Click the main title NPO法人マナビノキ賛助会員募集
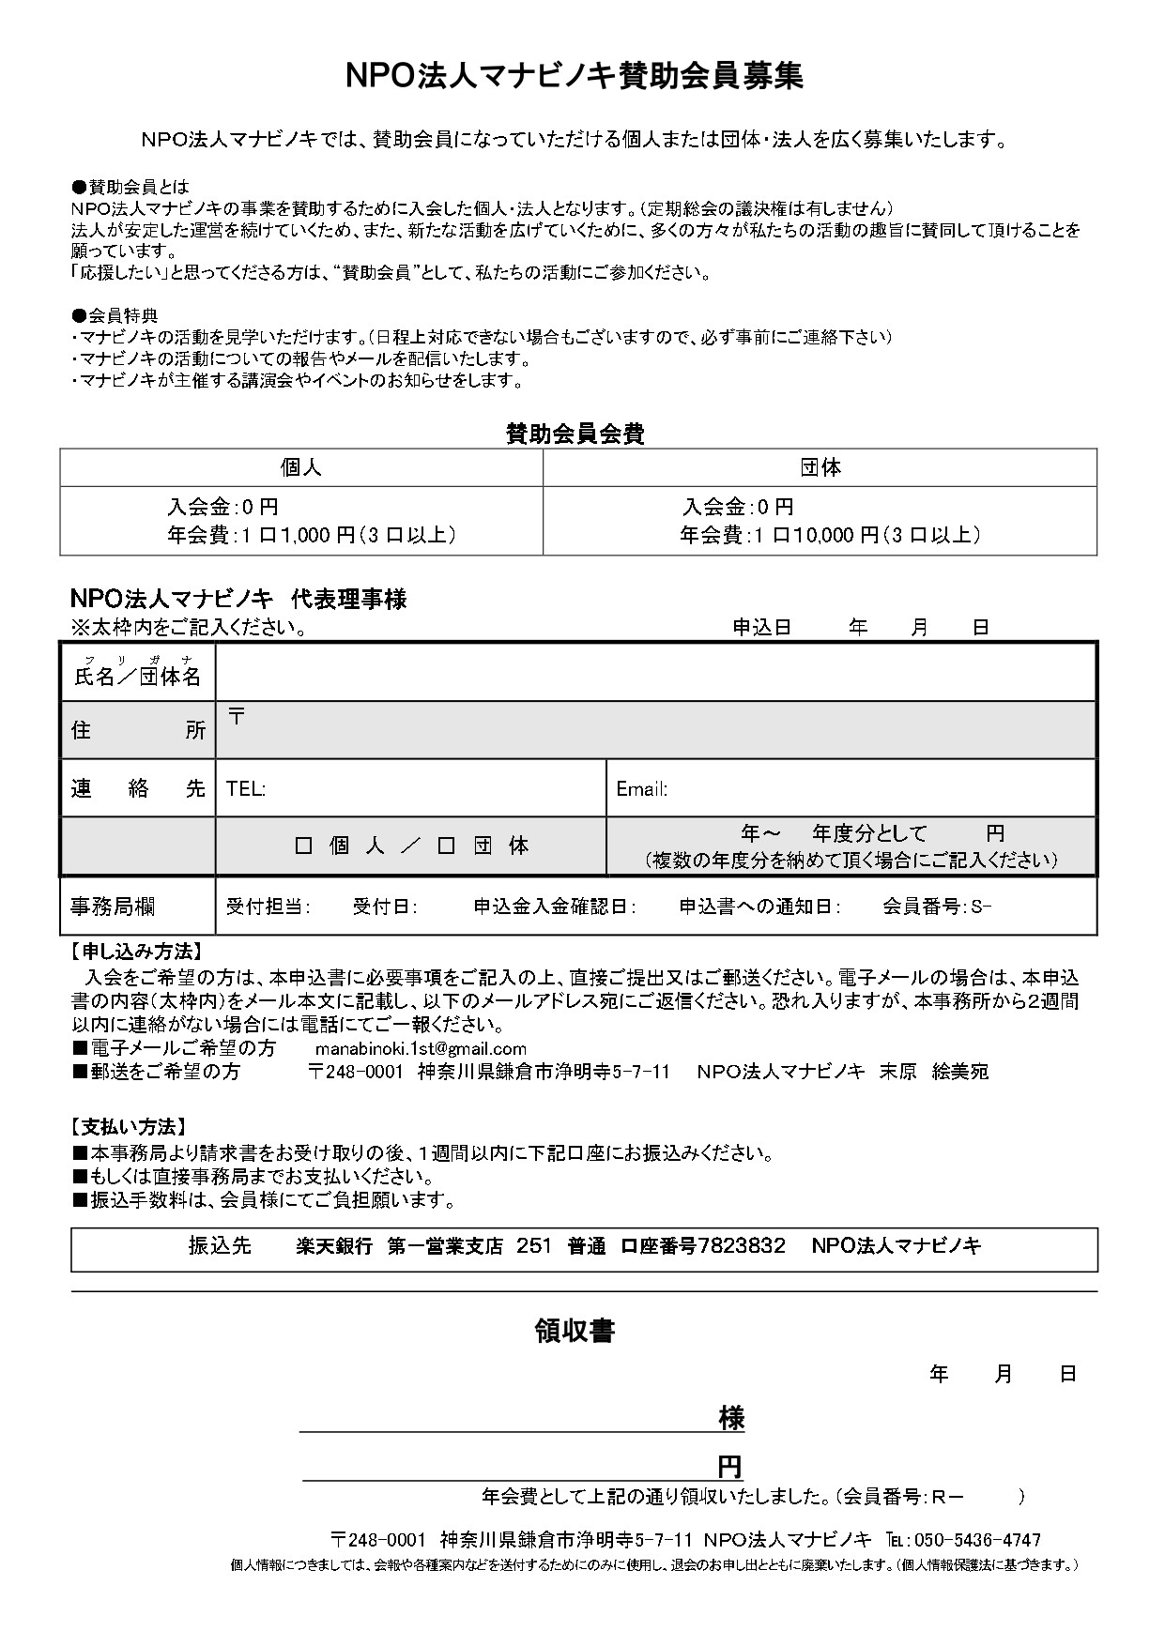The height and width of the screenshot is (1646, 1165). click(x=575, y=77)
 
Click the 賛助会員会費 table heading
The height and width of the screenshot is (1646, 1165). click(x=575, y=434)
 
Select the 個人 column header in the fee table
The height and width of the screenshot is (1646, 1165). click(x=300, y=467)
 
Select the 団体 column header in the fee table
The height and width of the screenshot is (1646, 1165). click(x=820, y=467)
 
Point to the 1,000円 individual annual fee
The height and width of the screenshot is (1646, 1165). click(x=316, y=535)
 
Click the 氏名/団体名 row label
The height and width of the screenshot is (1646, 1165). click(x=137, y=677)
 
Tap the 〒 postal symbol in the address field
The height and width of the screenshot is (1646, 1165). click(x=238, y=717)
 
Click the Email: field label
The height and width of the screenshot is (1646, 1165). click(x=641, y=789)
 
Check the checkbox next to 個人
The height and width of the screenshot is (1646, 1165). click(x=303, y=846)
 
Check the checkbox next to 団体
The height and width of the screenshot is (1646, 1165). click(x=447, y=846)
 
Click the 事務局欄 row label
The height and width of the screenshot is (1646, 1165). click(x=113, y=907)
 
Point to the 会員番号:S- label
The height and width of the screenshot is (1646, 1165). click(x=936, y=907)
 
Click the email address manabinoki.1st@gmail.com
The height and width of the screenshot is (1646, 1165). click(x=421, y=1048)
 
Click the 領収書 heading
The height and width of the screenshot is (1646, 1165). click(x=575, y=1331)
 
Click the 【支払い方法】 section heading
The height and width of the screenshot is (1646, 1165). click(x=129, y=1126)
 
